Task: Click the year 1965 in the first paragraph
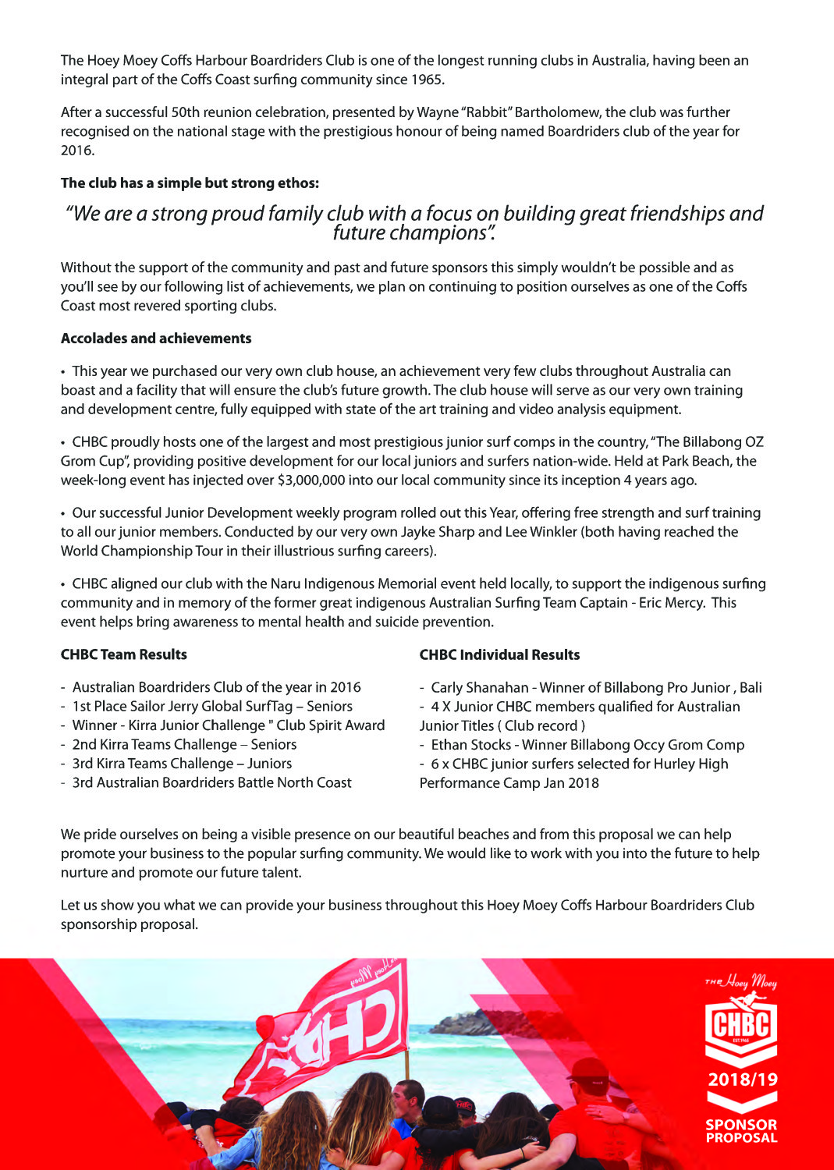(x=428, y=80)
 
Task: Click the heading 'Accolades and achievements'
(x=156, y=339)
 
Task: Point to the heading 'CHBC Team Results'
(x=124, y=654)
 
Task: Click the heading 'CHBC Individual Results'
(x=499, y=655)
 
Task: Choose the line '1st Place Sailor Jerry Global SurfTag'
(x=212, y=707)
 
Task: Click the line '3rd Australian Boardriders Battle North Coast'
(x=211, y=782)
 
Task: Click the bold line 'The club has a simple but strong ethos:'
(x=190, y=183)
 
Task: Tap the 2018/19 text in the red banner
(x=742, y=1080)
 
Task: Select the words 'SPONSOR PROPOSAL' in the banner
(x=741, y=1131)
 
